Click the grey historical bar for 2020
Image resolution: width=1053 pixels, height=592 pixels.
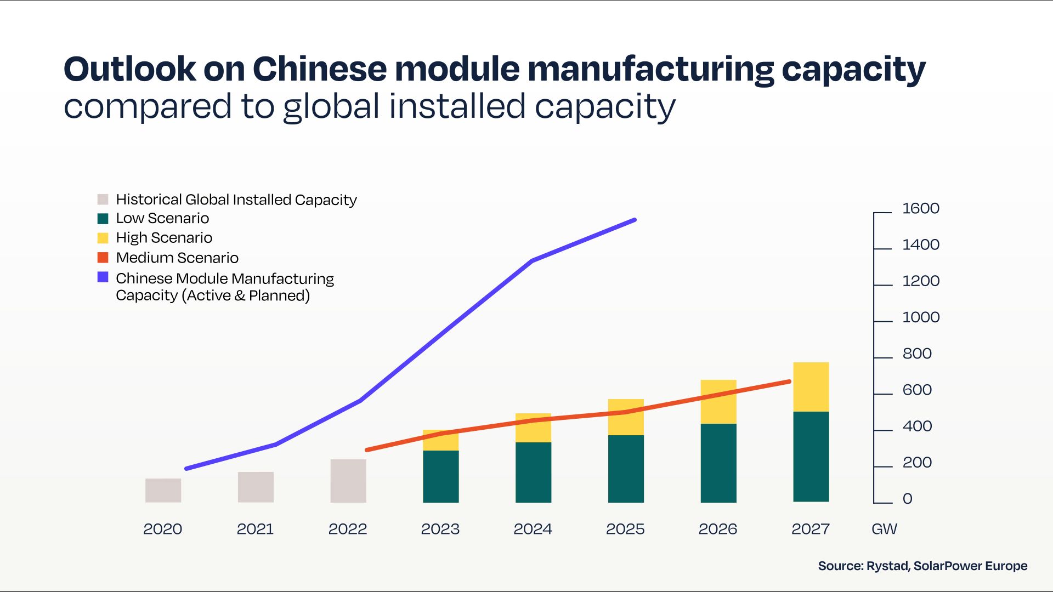coord(163,490)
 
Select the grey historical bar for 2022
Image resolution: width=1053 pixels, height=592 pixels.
coord(348,481)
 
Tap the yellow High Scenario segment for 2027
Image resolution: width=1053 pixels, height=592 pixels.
coord(811,386)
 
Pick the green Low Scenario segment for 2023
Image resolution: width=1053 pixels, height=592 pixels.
coord(440,476)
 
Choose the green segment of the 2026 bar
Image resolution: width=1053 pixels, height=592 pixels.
coord(718,463)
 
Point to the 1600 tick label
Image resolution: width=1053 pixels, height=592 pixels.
coord(921,208)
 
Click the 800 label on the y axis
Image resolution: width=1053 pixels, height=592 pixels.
coord(917,354)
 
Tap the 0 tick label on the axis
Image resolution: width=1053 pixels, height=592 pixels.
coord(908,499)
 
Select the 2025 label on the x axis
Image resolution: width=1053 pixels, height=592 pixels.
coord(625,529)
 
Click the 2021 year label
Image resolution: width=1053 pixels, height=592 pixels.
coord(255,529)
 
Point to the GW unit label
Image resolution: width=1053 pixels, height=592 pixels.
coord(884,529)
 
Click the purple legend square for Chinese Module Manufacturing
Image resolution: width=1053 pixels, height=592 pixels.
coord(103,277)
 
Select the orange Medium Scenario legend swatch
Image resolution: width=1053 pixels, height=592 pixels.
coord(103,258)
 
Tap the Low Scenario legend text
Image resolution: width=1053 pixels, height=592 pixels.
coord(162,218)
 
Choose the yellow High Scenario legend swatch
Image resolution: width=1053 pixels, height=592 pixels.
coord(103,238)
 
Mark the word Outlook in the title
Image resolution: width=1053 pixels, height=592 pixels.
coord(129,70)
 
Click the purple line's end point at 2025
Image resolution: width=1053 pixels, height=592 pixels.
coord(635,220)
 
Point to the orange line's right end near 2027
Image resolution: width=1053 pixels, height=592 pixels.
coord(789,382)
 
